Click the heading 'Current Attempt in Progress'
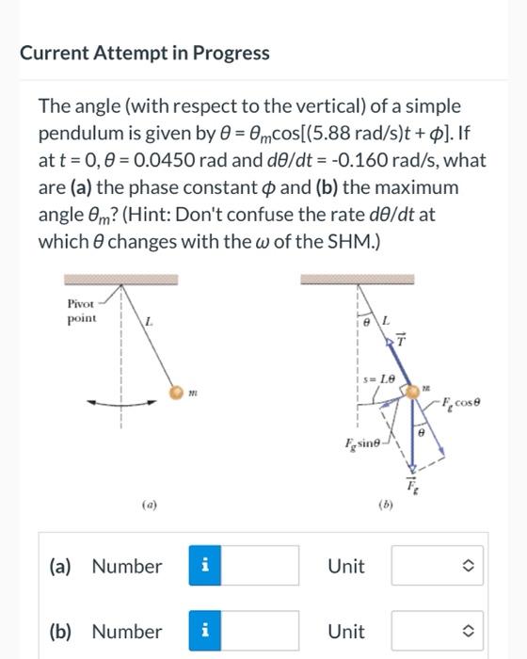click(145, 53)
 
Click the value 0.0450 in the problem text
click(175, 161)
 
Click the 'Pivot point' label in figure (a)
click(83, 312)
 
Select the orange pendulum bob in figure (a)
click(175, 391)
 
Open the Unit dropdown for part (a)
click(436, 566)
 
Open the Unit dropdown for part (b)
click(436, 631)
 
